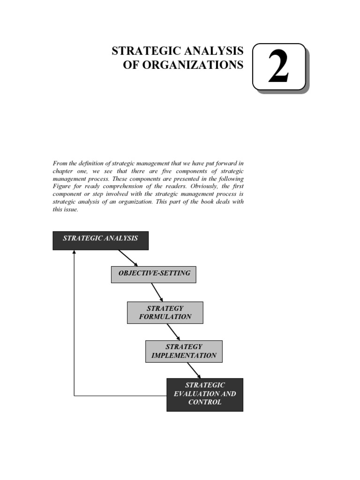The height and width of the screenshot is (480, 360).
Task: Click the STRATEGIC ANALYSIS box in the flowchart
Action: tap(100, 240)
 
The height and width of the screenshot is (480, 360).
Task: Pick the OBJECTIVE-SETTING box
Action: tap(153, 274)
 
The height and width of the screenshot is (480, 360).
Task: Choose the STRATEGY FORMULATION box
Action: tap(165, 312)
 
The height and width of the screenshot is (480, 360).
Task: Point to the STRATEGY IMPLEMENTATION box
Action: tap(184, 351)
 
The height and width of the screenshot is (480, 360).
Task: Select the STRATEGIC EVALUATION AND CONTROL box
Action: tap(204, 394)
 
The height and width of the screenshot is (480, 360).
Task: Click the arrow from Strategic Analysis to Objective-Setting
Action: tap(127, 258)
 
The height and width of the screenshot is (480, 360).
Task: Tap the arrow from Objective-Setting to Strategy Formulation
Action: tap(157, 292)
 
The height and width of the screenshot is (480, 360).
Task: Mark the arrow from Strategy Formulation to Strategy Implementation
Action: tap(173, 332)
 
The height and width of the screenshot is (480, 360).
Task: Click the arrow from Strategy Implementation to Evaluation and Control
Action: tap(194, 370)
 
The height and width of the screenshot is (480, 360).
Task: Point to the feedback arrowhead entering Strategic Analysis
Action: tap(74, 253)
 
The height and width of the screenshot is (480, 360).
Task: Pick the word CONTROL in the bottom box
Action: tap(204, 402)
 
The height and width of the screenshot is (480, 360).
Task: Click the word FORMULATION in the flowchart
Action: tap(165, 316)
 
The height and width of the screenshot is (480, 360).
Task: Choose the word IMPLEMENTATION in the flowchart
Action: tap(184, 355)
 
